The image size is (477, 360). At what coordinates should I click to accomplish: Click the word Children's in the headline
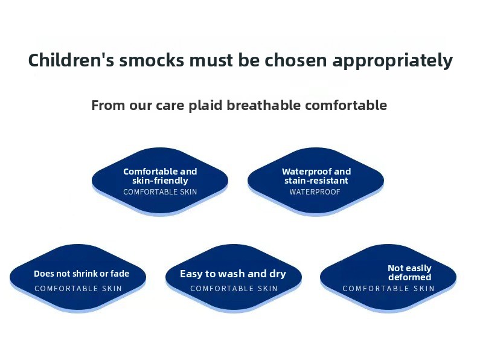tap(71, 60)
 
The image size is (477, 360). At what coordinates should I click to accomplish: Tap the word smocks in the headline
tap(152, 60)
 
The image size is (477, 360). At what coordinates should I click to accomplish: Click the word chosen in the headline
tap(295, 60)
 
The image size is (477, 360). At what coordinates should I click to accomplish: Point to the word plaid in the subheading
tap(206, 105)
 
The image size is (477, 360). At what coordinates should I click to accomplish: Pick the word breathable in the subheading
tap(264, 105)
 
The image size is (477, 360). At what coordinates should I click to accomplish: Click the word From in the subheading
tap(108, 105)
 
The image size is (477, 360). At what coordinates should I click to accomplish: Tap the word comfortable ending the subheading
tap(346, 105)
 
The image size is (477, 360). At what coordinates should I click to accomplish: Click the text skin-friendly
tap(160, 181)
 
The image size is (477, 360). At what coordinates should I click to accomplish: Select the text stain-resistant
tap(316, 181)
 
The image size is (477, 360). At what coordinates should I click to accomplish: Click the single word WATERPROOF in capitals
tap(315, 192)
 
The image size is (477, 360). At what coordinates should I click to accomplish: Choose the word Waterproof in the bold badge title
tap(304, 172)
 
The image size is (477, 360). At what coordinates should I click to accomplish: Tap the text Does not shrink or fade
tap(82, 274)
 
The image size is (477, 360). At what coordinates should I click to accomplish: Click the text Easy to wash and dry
tap(233, 274)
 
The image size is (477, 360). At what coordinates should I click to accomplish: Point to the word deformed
tap(410, 277)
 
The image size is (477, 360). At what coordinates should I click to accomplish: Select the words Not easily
tap(409, 268)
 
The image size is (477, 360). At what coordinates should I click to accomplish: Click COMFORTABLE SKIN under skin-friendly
tap(160, 192)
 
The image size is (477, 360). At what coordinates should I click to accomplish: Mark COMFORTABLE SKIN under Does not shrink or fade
tap(78, 289)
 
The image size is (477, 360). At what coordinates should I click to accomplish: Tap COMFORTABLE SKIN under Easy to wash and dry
tap(234, 289)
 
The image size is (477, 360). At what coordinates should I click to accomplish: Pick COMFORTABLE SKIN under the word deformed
tap(388, 289)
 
